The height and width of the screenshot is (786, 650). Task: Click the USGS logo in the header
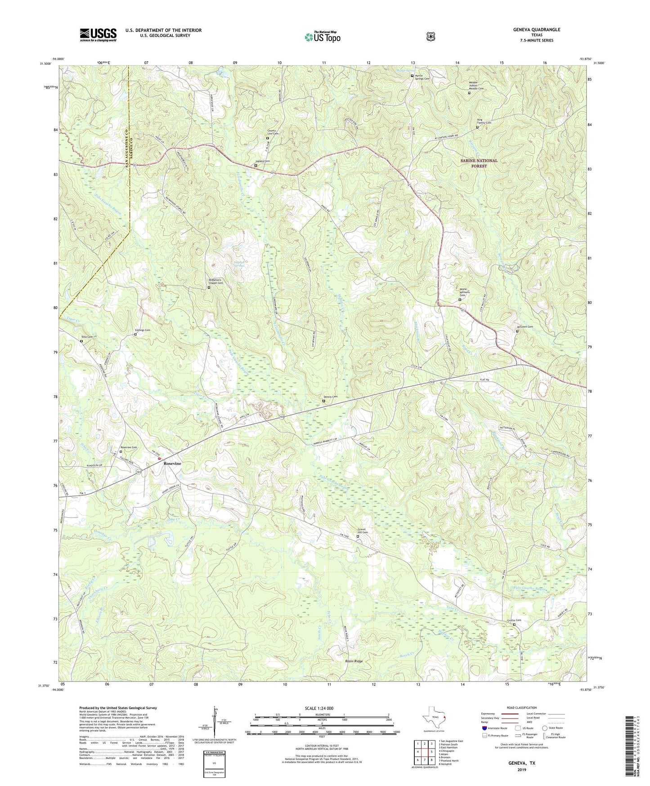click(98, 34)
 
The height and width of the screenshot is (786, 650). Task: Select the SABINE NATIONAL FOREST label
click(479, 163)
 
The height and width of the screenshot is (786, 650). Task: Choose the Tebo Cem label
click(86, 337)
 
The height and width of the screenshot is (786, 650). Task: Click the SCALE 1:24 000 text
click(319, 708)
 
